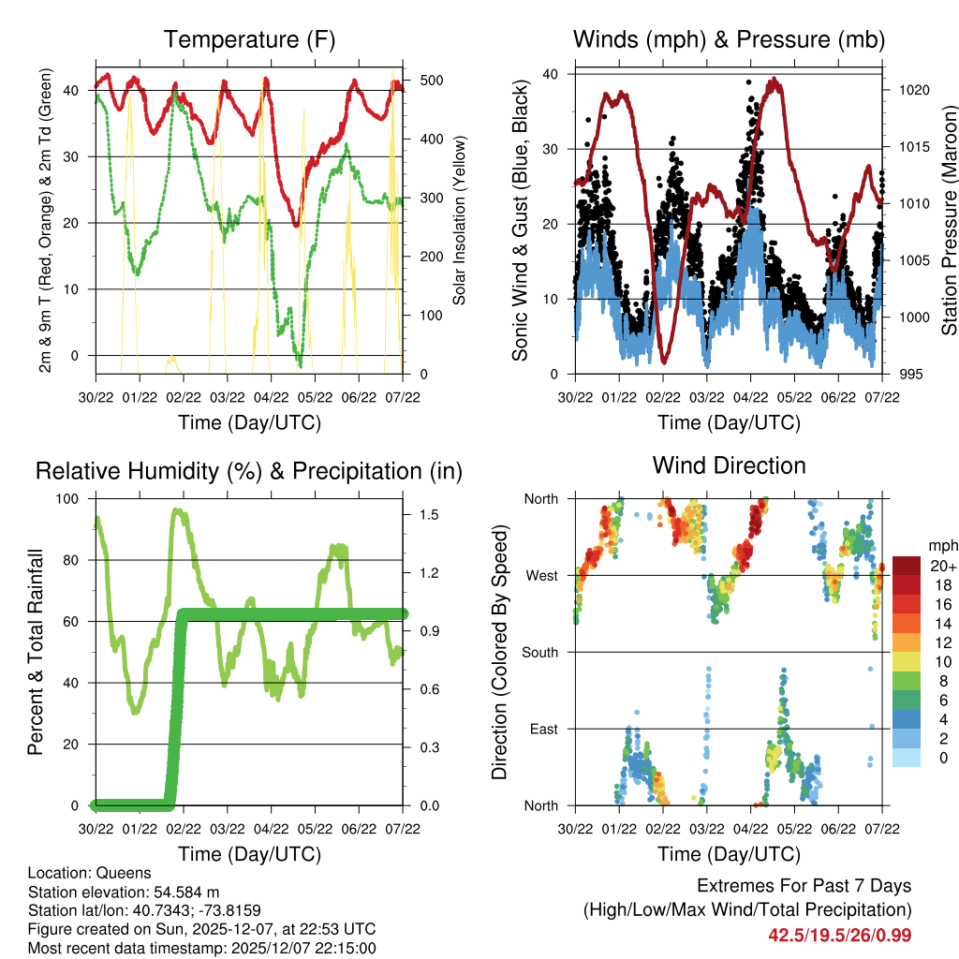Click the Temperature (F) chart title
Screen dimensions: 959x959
[248, 40]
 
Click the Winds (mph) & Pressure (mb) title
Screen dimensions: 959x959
[729, 40]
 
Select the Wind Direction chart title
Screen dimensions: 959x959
[729, 465]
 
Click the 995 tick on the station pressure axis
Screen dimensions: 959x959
[907, 374]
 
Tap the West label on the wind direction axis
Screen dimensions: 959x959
[541, 575]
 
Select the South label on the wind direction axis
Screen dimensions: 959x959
[539, 652]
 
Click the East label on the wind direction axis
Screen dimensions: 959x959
[543, 729]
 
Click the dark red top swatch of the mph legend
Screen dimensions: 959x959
[907, 565]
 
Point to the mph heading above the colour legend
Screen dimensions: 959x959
[942, 545]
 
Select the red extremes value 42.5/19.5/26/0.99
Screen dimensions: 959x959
[839, 935]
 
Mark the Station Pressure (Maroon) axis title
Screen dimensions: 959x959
[949, 224]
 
